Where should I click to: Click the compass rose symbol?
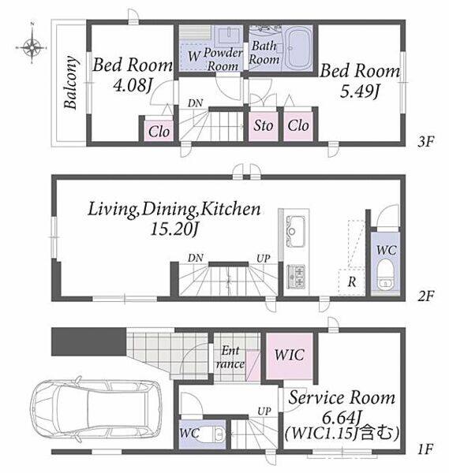point(32,47)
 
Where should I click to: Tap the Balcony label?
point(71,82)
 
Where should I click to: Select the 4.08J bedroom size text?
point(132,86)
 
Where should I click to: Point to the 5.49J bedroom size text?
point(359,91)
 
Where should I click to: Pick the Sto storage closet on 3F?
point(263,126)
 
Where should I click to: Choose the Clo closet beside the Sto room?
point(298,126)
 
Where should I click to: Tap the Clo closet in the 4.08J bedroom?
point(159,131)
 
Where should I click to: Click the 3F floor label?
point(426,141)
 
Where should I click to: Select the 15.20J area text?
point(174,230)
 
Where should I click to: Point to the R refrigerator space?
point(352,281)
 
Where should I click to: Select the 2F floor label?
point(426,296)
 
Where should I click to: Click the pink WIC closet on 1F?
point(289,356)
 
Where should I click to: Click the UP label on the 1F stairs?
point(264,412)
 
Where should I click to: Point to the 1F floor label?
point(426,449)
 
